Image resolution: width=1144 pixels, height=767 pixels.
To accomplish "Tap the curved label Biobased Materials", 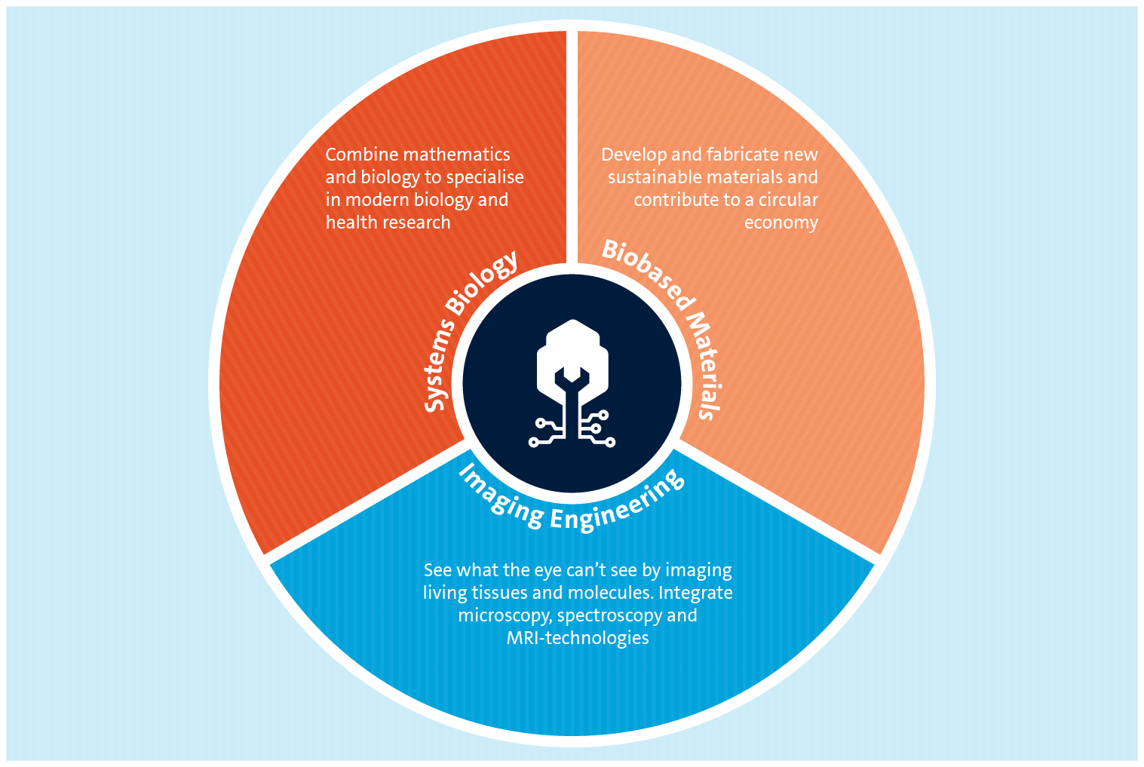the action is [673, 317].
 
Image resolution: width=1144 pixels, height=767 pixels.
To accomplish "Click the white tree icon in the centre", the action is [572, 383].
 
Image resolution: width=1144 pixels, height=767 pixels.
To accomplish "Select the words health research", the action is [388, 222].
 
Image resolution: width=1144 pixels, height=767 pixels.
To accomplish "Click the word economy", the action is [781, 223].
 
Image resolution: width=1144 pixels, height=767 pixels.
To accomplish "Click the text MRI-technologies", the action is [578, 638].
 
